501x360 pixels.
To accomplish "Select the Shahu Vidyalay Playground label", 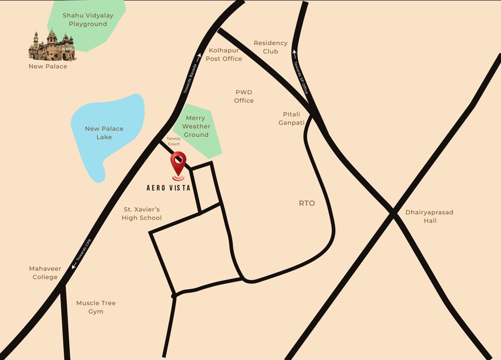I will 88,20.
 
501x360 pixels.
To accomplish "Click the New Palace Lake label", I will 104,133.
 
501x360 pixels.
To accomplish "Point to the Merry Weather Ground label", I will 196,127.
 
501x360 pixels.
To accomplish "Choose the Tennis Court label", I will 173,141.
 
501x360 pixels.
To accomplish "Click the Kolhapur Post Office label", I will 224,54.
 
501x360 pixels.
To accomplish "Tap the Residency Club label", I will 270,47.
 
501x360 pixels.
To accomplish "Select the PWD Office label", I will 244,96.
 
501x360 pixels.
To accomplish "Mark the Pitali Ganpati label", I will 292,118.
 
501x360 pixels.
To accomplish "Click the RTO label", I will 307,203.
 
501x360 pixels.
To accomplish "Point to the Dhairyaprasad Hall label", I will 429,216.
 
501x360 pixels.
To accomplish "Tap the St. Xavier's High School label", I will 142,213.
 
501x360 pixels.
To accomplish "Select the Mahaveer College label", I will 45,273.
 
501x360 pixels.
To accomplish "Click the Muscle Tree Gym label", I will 96,307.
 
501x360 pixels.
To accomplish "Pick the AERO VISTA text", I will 168,187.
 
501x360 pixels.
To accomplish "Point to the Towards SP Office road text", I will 300,78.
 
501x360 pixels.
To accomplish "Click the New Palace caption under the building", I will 48,67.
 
